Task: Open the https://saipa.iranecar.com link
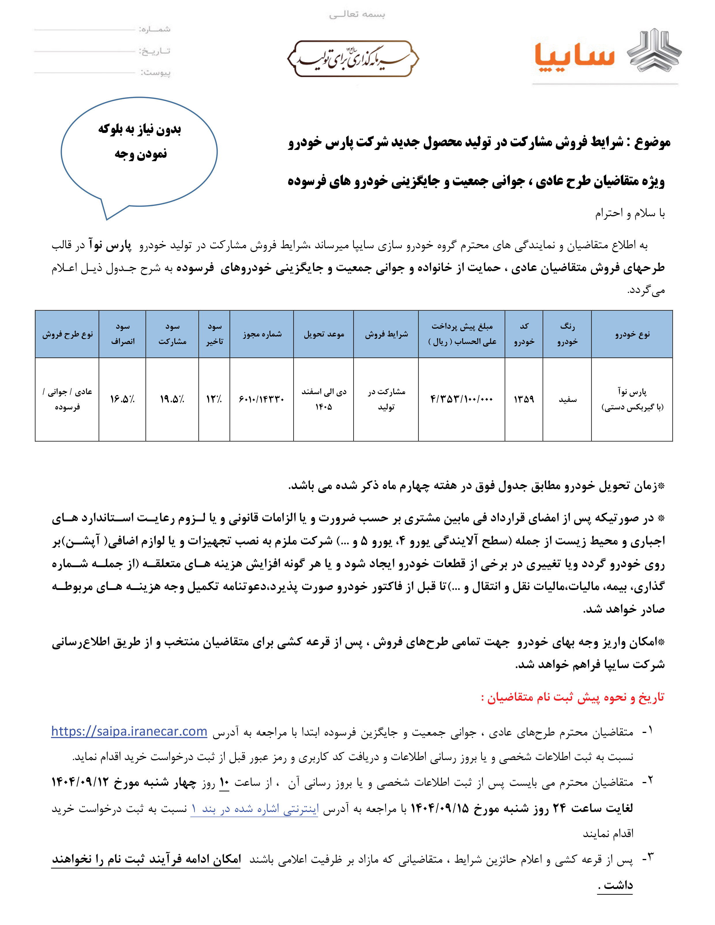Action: click(129, 732)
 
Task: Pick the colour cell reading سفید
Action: click(567, 399)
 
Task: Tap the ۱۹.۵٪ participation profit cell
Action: click(172, 399)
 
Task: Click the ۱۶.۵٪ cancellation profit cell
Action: click(122, 399)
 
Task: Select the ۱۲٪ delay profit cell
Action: click(214, 399)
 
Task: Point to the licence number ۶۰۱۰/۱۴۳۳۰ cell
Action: click(261, 399)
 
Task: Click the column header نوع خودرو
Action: click(632, 334)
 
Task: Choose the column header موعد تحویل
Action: click(324, 334)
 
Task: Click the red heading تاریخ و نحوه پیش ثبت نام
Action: click(573, 697)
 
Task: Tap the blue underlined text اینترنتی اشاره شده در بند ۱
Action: click(254, 809)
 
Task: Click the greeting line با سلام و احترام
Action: click(630, 213)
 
